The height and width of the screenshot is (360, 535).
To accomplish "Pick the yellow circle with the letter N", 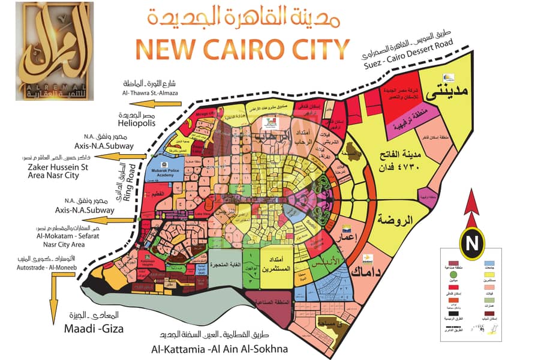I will click(x=472, y=244).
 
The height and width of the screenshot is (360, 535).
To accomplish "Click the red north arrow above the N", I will click(x=471, y=207).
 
